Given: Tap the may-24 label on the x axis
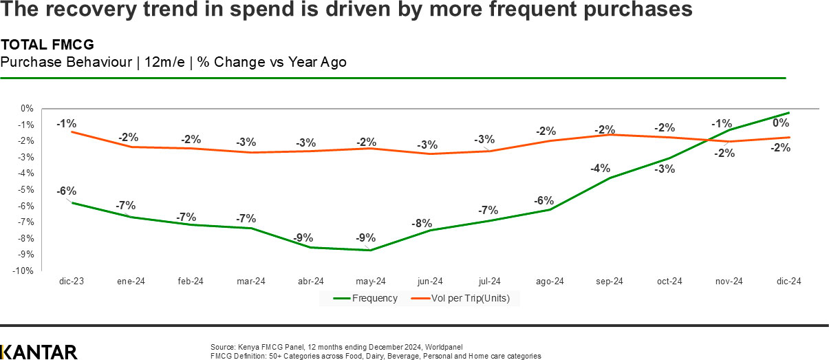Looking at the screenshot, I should (371, 282).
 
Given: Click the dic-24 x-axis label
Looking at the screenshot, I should (789, 282).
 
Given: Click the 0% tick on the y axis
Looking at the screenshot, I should (27, 108).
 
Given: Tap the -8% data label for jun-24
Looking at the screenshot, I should (422, 223).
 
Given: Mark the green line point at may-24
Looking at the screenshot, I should (371, 250).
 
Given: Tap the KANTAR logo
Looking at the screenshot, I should (39, 352).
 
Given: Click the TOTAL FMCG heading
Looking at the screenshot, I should (47, 45).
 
